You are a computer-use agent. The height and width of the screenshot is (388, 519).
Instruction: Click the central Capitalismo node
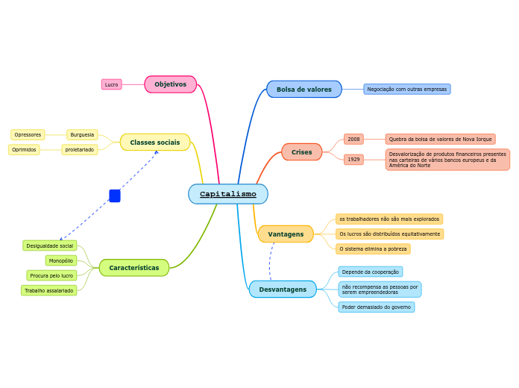[x=227, y=194]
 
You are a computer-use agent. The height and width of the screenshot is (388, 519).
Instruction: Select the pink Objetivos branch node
[x=170, y=84]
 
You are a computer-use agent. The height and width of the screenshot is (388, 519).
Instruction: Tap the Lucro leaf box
[x=111, y=84]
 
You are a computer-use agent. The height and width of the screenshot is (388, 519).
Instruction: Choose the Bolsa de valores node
[x=303, y=90]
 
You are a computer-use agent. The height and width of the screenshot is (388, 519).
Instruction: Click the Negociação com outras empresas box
[x=406, y=90]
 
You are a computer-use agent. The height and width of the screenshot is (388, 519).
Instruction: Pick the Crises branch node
[x=301, y=152]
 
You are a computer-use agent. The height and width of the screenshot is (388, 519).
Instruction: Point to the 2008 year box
[x=353, y=140]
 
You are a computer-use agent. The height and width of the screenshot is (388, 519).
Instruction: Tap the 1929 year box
[x=353, y=160]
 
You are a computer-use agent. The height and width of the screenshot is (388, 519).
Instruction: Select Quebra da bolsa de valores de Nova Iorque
[x=440, y=140]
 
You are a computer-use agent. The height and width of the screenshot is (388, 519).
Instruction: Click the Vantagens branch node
[x=286, y=234]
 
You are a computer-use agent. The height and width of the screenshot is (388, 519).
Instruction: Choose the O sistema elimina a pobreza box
[x=373, y=249]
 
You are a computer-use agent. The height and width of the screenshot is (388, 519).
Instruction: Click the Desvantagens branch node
[x=283, y=290]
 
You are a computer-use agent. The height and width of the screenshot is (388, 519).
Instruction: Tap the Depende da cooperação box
[x=370, y=272]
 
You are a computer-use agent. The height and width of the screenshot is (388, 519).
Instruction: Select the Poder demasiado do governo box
[x=376, y=307]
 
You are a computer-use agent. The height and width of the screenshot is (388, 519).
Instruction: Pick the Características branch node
[x=133, y=268]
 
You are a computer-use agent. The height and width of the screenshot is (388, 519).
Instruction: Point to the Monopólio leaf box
[x=61, y=260]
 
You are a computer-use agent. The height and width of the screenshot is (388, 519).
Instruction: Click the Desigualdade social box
[x=50, y=245]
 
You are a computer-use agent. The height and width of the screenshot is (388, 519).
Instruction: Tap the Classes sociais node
[x=154, y=143]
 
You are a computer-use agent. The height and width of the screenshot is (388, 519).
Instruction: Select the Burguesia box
[x=82, y=135]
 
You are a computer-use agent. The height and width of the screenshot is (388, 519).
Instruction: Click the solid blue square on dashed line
[x=115, y=196]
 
